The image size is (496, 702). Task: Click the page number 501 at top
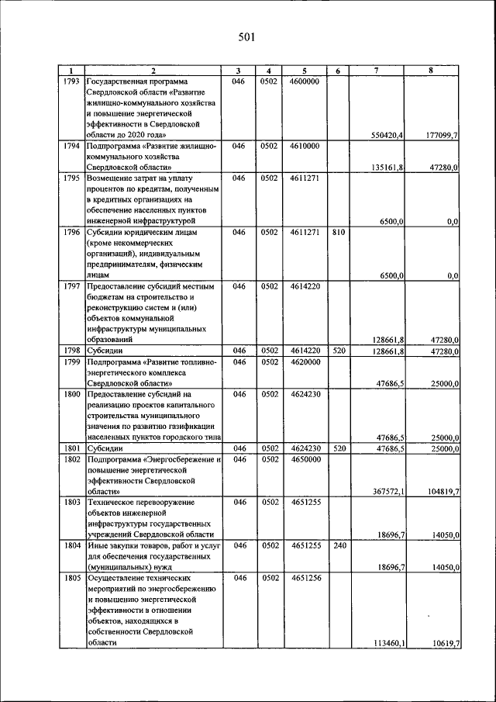(x=246, y=36)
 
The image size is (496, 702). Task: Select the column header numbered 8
(x=431, y=71)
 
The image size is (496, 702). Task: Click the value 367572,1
(x=387, y=493)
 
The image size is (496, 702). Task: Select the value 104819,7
(x=443, y=493)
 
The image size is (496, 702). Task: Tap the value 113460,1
(x=387, y=643)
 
